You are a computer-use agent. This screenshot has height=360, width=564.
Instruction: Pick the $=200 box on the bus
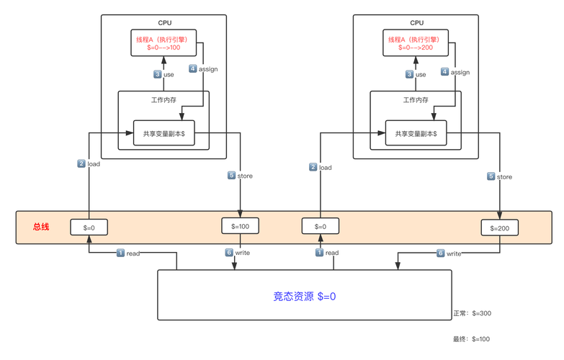pyautogui.click(x=500, y=228)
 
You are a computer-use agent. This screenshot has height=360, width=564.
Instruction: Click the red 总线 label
pyautogui.click(x=41, y=227)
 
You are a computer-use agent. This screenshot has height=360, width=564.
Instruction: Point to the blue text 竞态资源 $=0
pyautogui.click(x=305, y=296)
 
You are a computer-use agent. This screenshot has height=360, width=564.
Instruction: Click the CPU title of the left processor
pyautogui.click(x=164, y=23)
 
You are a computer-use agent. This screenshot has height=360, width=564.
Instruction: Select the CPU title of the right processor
pyautogui.click(x=416, y=23)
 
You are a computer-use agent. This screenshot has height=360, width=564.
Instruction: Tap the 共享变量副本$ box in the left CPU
pyautogui.click(x=164, y=133)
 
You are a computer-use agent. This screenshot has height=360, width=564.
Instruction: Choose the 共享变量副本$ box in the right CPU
pyautogui.click(x=416, y=133)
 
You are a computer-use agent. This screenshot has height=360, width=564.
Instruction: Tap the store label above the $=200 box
pyautogui.click(x=504, y=176)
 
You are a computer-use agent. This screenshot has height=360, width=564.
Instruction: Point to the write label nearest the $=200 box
pyautogui.click(x=455, y=253)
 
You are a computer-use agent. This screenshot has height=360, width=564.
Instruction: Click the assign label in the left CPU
pyautogui.click(x=207, y=69)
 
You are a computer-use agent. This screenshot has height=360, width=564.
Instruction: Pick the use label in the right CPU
pyautogui.click(x=421, y=74)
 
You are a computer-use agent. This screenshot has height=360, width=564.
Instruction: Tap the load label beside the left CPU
pyautogui.click(x=94, y=164)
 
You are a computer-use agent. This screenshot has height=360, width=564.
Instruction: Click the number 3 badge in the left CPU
pyautogui.click(x=157, y=74)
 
